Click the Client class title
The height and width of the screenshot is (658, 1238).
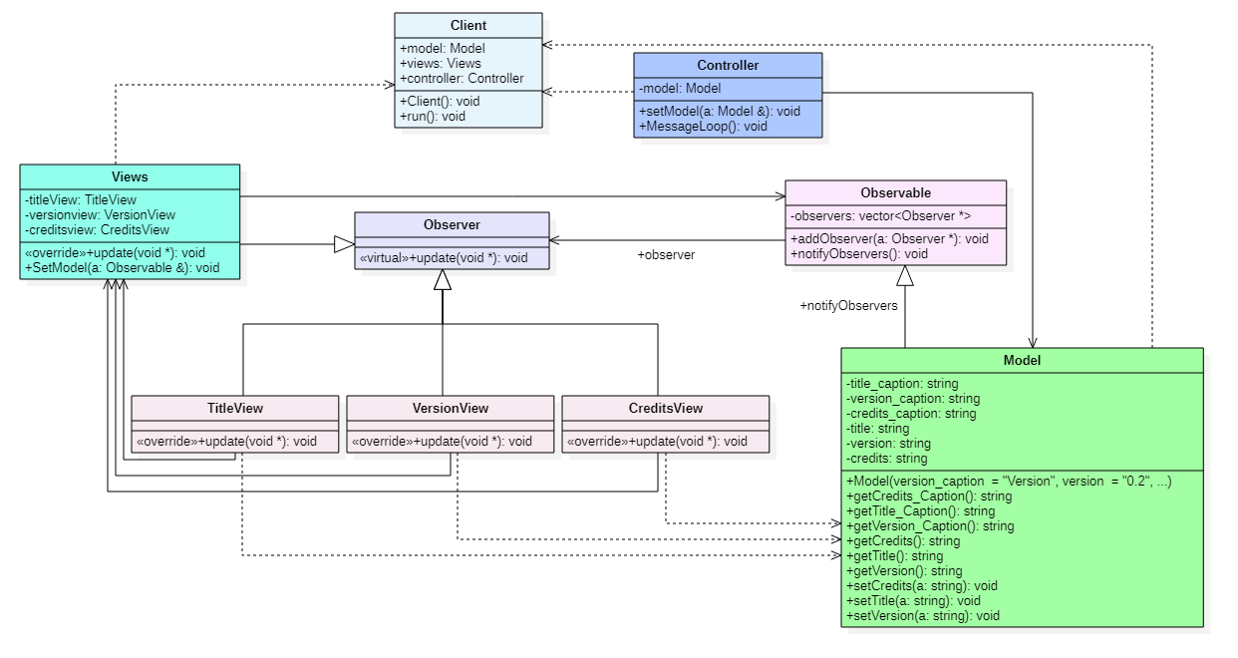tap(468, 26)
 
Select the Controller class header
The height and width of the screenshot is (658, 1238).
tap(728, 65)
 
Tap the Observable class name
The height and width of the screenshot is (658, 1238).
tap(895, 193)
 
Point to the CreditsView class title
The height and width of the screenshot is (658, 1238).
tap(666, 408)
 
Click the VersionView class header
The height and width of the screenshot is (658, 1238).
tap(451, 408)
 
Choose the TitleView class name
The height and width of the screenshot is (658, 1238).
tap(235, 408)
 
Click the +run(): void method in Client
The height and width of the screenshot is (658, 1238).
tap(433, 116)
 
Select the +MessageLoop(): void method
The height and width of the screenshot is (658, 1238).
tap(703, 126)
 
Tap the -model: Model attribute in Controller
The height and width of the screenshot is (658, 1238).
tap(680, 89)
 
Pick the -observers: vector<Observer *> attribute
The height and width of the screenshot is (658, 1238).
tap(880, 216)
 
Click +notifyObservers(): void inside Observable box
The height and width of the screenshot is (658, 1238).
tap(859, 254)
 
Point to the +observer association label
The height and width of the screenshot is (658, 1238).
tap(666, 255)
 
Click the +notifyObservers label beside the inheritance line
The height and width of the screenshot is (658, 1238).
tap(848, 306)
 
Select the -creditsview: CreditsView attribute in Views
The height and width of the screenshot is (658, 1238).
tap(98, 230)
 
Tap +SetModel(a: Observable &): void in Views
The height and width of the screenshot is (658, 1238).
tap(123, 268)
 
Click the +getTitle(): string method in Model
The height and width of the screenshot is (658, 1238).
tap(894, 556)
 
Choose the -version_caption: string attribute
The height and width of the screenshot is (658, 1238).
tap(913, 399)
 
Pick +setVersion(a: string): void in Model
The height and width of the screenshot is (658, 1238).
tap(922, 616)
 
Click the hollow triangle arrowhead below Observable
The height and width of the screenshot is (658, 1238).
tap(905, 276)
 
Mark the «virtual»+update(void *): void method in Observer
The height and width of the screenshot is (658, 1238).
tap(444, 258)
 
